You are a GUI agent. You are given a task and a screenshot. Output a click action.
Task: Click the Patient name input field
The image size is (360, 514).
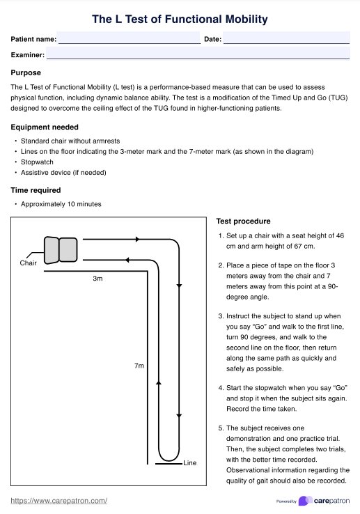coord(129,38)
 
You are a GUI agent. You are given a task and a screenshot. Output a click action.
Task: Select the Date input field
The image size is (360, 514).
coord(287,38)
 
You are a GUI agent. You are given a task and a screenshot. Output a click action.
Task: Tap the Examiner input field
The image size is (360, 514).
coord(198,53)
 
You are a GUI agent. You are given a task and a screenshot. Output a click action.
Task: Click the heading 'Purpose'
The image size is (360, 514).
coord(26,72)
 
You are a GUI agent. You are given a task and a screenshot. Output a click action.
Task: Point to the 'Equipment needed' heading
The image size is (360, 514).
coord(45,127)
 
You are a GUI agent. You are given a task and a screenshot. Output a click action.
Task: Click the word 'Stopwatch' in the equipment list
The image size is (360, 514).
coord(37,162)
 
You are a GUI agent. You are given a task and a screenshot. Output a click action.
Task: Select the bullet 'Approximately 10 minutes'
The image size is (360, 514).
coord(61,204)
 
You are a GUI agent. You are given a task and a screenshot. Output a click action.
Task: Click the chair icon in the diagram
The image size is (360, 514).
coord(61,250)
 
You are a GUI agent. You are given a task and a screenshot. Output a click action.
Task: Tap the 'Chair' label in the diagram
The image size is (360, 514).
coord(28,263)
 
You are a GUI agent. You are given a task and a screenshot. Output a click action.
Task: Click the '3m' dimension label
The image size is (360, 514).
coord(97,279)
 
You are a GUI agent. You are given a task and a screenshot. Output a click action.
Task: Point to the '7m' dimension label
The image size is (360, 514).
coord(139,366)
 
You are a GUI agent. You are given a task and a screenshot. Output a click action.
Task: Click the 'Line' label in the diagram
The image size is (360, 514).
coord(190,463)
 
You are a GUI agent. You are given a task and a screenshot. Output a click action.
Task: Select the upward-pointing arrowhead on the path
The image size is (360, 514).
coord(159,382)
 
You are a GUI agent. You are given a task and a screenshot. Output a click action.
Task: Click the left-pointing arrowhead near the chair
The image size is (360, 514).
coord(127,260)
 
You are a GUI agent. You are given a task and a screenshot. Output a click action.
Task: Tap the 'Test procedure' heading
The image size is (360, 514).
coord(243,221)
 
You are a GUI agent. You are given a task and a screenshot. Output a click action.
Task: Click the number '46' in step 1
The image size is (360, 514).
coord(340,235)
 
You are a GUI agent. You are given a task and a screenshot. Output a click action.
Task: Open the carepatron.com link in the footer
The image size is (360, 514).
coord(59,501)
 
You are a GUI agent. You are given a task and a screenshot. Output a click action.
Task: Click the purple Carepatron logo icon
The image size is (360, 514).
coord(305,501)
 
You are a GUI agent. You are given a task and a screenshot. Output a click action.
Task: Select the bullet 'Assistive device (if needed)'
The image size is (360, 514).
coord(63,173)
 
